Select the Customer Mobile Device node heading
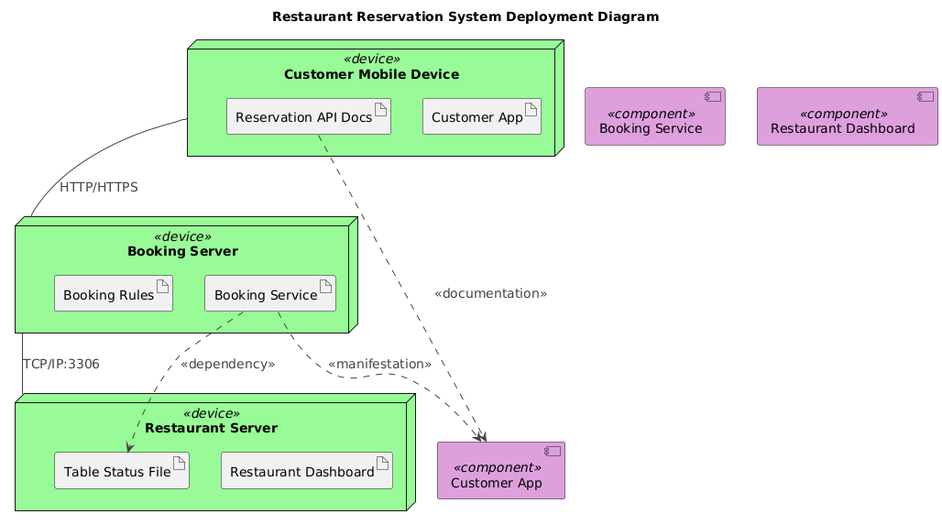click(x=370, y=74)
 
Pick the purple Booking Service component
click(x=655, y=117)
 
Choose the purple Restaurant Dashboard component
click(x=843, y=117)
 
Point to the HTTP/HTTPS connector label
click(x=98, y=187)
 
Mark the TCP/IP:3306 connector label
click(x=60, y=364)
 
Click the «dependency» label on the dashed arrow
click(x=227, y=364)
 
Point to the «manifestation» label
click(x=378, y=364)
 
